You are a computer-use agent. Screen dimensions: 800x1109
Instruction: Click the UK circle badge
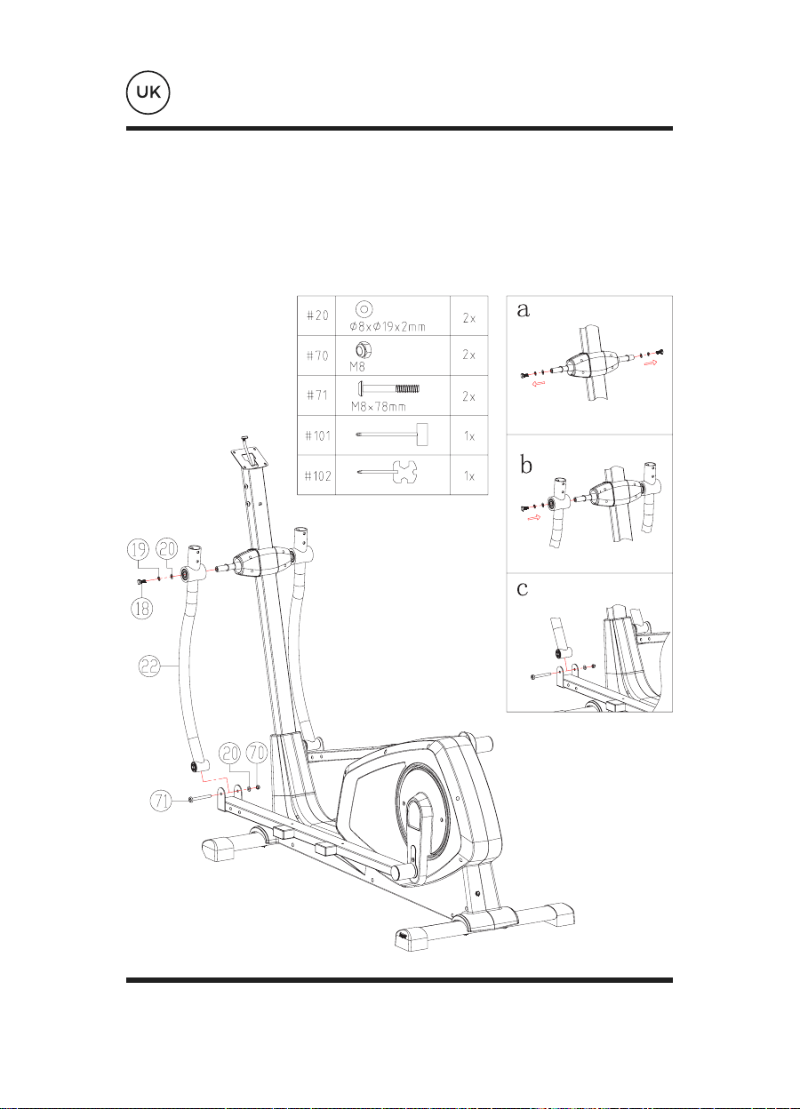pos(148,92)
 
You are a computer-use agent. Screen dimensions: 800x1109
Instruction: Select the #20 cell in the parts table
pos(316,315)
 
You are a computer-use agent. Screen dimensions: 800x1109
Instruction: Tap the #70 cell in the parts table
pos(316,355)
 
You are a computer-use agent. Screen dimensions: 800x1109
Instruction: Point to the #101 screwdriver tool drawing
pos(392,435)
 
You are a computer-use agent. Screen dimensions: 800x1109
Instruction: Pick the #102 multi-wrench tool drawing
pos(388,473)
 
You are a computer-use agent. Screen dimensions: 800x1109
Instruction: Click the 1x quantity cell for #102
pos(469,475)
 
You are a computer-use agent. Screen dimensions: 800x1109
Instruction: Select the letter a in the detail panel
pos(523,309)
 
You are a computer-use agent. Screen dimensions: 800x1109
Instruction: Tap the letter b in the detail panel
pos(525,465)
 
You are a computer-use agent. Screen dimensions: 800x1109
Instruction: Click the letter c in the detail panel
pos(522,588)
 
